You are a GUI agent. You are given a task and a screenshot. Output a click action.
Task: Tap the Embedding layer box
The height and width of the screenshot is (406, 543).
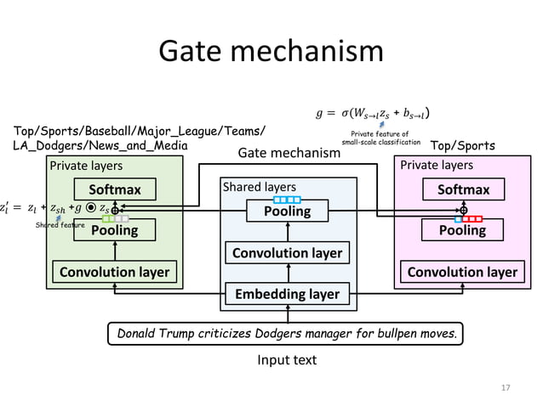[289, 294]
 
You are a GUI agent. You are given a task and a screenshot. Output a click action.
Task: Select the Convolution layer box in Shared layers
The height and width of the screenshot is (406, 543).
[289, 253]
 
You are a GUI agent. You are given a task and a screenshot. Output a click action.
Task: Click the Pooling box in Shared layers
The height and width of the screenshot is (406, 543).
[289, 211]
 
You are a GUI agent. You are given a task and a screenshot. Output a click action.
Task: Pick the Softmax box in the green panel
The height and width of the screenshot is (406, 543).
[114, 189]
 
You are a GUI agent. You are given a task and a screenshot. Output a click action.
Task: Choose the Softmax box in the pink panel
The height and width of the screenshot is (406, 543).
[462, 189]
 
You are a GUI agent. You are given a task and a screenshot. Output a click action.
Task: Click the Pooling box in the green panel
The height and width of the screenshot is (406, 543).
[114, 230]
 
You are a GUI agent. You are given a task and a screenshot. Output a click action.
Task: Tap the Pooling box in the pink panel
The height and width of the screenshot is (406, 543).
[462, 230]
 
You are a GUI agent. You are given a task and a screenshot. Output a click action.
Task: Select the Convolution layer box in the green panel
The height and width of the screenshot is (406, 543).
[114, 272]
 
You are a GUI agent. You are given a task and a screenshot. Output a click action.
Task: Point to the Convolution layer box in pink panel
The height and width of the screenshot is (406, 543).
[462, 272]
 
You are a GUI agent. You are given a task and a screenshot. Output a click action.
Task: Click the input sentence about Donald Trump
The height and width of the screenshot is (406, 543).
[289, 333]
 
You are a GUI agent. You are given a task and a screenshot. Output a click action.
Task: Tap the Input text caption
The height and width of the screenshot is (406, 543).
[287, 360]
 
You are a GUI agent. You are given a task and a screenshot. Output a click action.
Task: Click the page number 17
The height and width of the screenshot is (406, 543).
[506, 387]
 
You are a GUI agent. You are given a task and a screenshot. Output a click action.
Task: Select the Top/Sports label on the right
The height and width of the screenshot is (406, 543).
[464, 146]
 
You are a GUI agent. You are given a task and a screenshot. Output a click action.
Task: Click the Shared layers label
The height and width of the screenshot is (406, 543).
[259, 186]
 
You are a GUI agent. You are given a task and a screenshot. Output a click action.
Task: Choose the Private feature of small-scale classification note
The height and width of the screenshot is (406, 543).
[380, 138]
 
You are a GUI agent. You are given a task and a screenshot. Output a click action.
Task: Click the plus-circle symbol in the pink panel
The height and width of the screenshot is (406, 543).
[464, 208]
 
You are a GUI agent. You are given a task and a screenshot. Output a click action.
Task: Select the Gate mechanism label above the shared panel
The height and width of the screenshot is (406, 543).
[289, 153]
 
